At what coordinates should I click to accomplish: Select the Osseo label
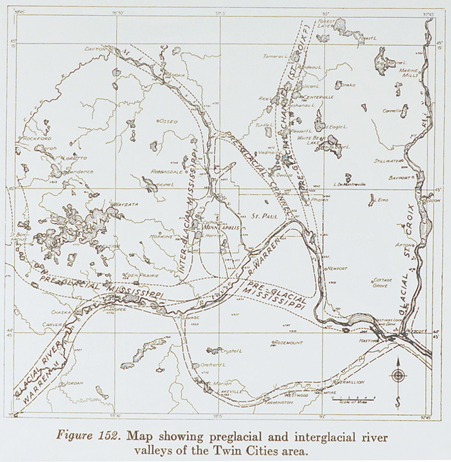(x=168, y=122)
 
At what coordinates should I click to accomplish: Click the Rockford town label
(x=36, y=138)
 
